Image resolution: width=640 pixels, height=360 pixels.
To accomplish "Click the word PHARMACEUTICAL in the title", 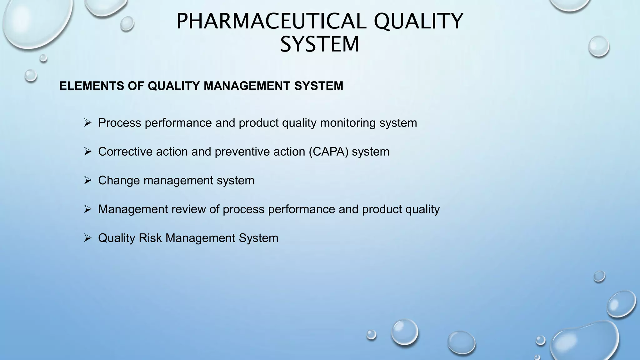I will point(271,21).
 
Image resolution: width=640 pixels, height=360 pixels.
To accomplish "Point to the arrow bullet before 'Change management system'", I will point(87,180).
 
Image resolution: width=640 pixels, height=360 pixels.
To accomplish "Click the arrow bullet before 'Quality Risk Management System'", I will point(87,238).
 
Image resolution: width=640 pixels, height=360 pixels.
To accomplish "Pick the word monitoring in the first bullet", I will point(348,123).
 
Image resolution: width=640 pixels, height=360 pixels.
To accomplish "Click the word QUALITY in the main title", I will point(418,21).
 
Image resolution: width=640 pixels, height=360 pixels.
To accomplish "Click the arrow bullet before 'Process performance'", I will point(87,123).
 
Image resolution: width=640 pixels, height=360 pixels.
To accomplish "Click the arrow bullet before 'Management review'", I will point(87,209).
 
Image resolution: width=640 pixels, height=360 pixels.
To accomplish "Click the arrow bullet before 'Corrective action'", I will point(87,152).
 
